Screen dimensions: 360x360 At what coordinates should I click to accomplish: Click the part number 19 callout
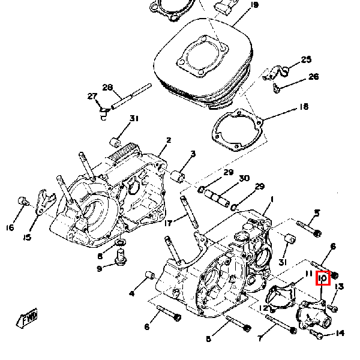tap(254, 5)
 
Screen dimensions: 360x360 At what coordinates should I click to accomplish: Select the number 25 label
tap(306, 59)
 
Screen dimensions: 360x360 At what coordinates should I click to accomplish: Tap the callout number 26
tap(314, 76)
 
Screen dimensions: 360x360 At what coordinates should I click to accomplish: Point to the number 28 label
tap(107, 87)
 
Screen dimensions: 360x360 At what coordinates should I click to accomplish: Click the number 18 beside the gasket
tap(304, 107)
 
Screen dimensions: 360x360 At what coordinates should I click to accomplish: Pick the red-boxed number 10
tap(323, 278)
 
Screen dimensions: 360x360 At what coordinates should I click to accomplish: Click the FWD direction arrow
tap(27, 318)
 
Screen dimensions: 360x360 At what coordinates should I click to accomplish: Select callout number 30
tap(244, 178)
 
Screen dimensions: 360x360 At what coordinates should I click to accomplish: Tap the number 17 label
tap(168, 223)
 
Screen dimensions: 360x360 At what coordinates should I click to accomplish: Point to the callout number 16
tap(10, 228)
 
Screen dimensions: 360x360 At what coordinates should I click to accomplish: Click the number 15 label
tap(27, 238)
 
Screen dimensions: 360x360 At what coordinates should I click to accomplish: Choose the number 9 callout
tap(99, 269)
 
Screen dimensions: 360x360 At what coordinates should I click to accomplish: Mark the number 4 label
tap(131, 293)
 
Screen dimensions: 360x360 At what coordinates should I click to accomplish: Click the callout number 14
tap(340, 333)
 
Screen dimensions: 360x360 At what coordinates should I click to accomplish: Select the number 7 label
tap(260, 338)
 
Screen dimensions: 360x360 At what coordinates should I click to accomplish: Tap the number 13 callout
tap(339, 287)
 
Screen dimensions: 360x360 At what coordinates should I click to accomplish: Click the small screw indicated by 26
tap(276, 88)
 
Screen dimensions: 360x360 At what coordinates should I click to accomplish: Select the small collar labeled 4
tap(150, 275)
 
